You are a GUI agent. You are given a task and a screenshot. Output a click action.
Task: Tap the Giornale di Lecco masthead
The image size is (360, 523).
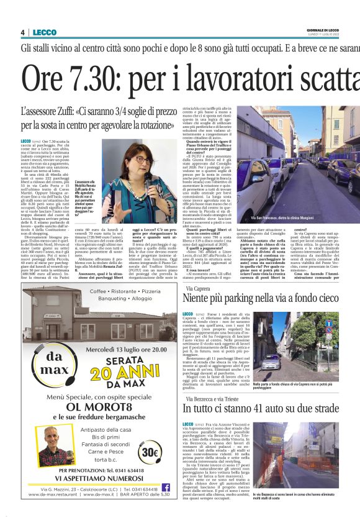334,30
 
